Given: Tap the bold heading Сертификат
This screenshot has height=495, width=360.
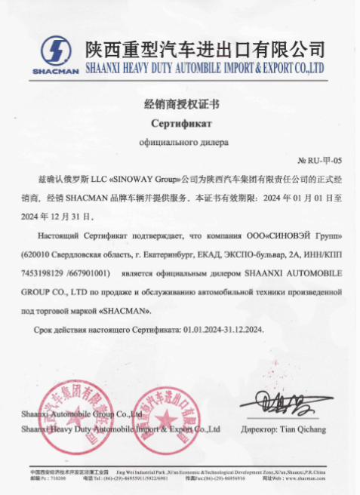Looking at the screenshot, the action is [x=180, y=122].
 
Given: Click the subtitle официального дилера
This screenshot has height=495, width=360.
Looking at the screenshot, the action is [x=180, y=141].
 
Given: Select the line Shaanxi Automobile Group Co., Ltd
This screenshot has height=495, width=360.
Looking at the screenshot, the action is [x=82, y=414].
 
